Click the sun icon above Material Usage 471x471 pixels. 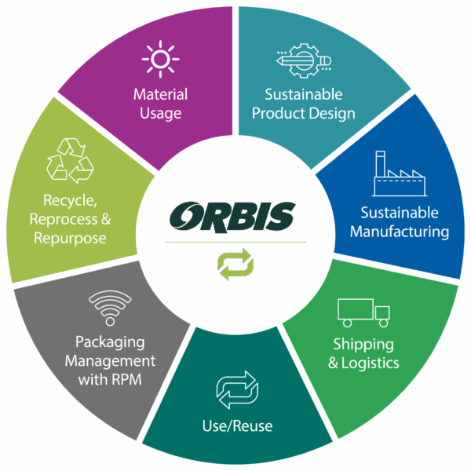pos(160,60)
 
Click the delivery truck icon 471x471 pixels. pos(363,312)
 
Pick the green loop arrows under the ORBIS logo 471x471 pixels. pos(235,264)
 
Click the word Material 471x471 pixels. pos(160,95)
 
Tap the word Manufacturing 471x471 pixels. pos(400,232)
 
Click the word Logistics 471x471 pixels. pos(372,363)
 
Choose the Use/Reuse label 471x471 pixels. pos(237,427)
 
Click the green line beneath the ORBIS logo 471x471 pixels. pos(235,242)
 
